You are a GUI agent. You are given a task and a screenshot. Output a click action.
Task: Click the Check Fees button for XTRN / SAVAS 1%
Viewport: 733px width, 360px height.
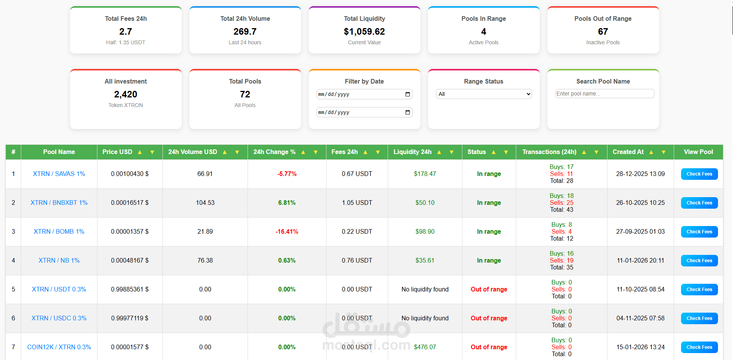(699, 174)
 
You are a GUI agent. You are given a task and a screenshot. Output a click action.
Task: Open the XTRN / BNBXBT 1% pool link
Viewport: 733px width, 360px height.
(59, 203)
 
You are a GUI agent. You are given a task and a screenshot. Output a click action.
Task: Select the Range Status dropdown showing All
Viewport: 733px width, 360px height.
(484, 94)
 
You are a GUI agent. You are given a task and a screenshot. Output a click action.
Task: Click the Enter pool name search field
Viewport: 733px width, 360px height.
(604, 94)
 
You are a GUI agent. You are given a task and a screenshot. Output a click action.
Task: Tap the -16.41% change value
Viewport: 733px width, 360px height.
(287, 231)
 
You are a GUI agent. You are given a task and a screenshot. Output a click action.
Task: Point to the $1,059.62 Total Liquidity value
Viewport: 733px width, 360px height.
(364, 32)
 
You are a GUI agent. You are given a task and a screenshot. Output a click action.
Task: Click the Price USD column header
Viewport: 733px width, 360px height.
(117, 152)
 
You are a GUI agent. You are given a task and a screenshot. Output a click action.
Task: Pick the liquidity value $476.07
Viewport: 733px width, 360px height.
(425, 347)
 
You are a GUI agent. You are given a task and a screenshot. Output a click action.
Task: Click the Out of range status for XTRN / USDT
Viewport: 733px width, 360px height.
(489, 289)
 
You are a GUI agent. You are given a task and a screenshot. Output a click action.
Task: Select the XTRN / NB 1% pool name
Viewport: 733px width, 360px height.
(59, 260)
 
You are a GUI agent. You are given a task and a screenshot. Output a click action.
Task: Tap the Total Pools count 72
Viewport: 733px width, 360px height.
(245, 94)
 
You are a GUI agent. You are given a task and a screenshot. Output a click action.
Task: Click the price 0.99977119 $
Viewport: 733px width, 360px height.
(130, 318)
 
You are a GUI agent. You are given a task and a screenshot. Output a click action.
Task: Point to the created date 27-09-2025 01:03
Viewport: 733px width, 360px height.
(640, 231)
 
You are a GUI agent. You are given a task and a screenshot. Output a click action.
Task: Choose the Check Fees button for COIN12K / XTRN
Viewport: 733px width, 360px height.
(699, 347)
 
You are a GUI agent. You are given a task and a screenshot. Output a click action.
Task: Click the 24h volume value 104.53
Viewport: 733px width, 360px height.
(205, 203)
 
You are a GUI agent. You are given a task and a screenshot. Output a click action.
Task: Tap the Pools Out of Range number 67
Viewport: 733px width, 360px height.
(603, 32)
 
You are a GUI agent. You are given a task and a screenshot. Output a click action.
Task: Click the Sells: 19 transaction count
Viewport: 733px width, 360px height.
(562, 260)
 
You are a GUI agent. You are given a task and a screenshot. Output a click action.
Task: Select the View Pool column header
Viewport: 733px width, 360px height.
(698, 152)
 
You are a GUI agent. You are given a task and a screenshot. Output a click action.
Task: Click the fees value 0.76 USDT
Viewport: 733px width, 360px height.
(357, 260)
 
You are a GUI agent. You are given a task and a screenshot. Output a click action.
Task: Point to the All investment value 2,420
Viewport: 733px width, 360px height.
(126, 94)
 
